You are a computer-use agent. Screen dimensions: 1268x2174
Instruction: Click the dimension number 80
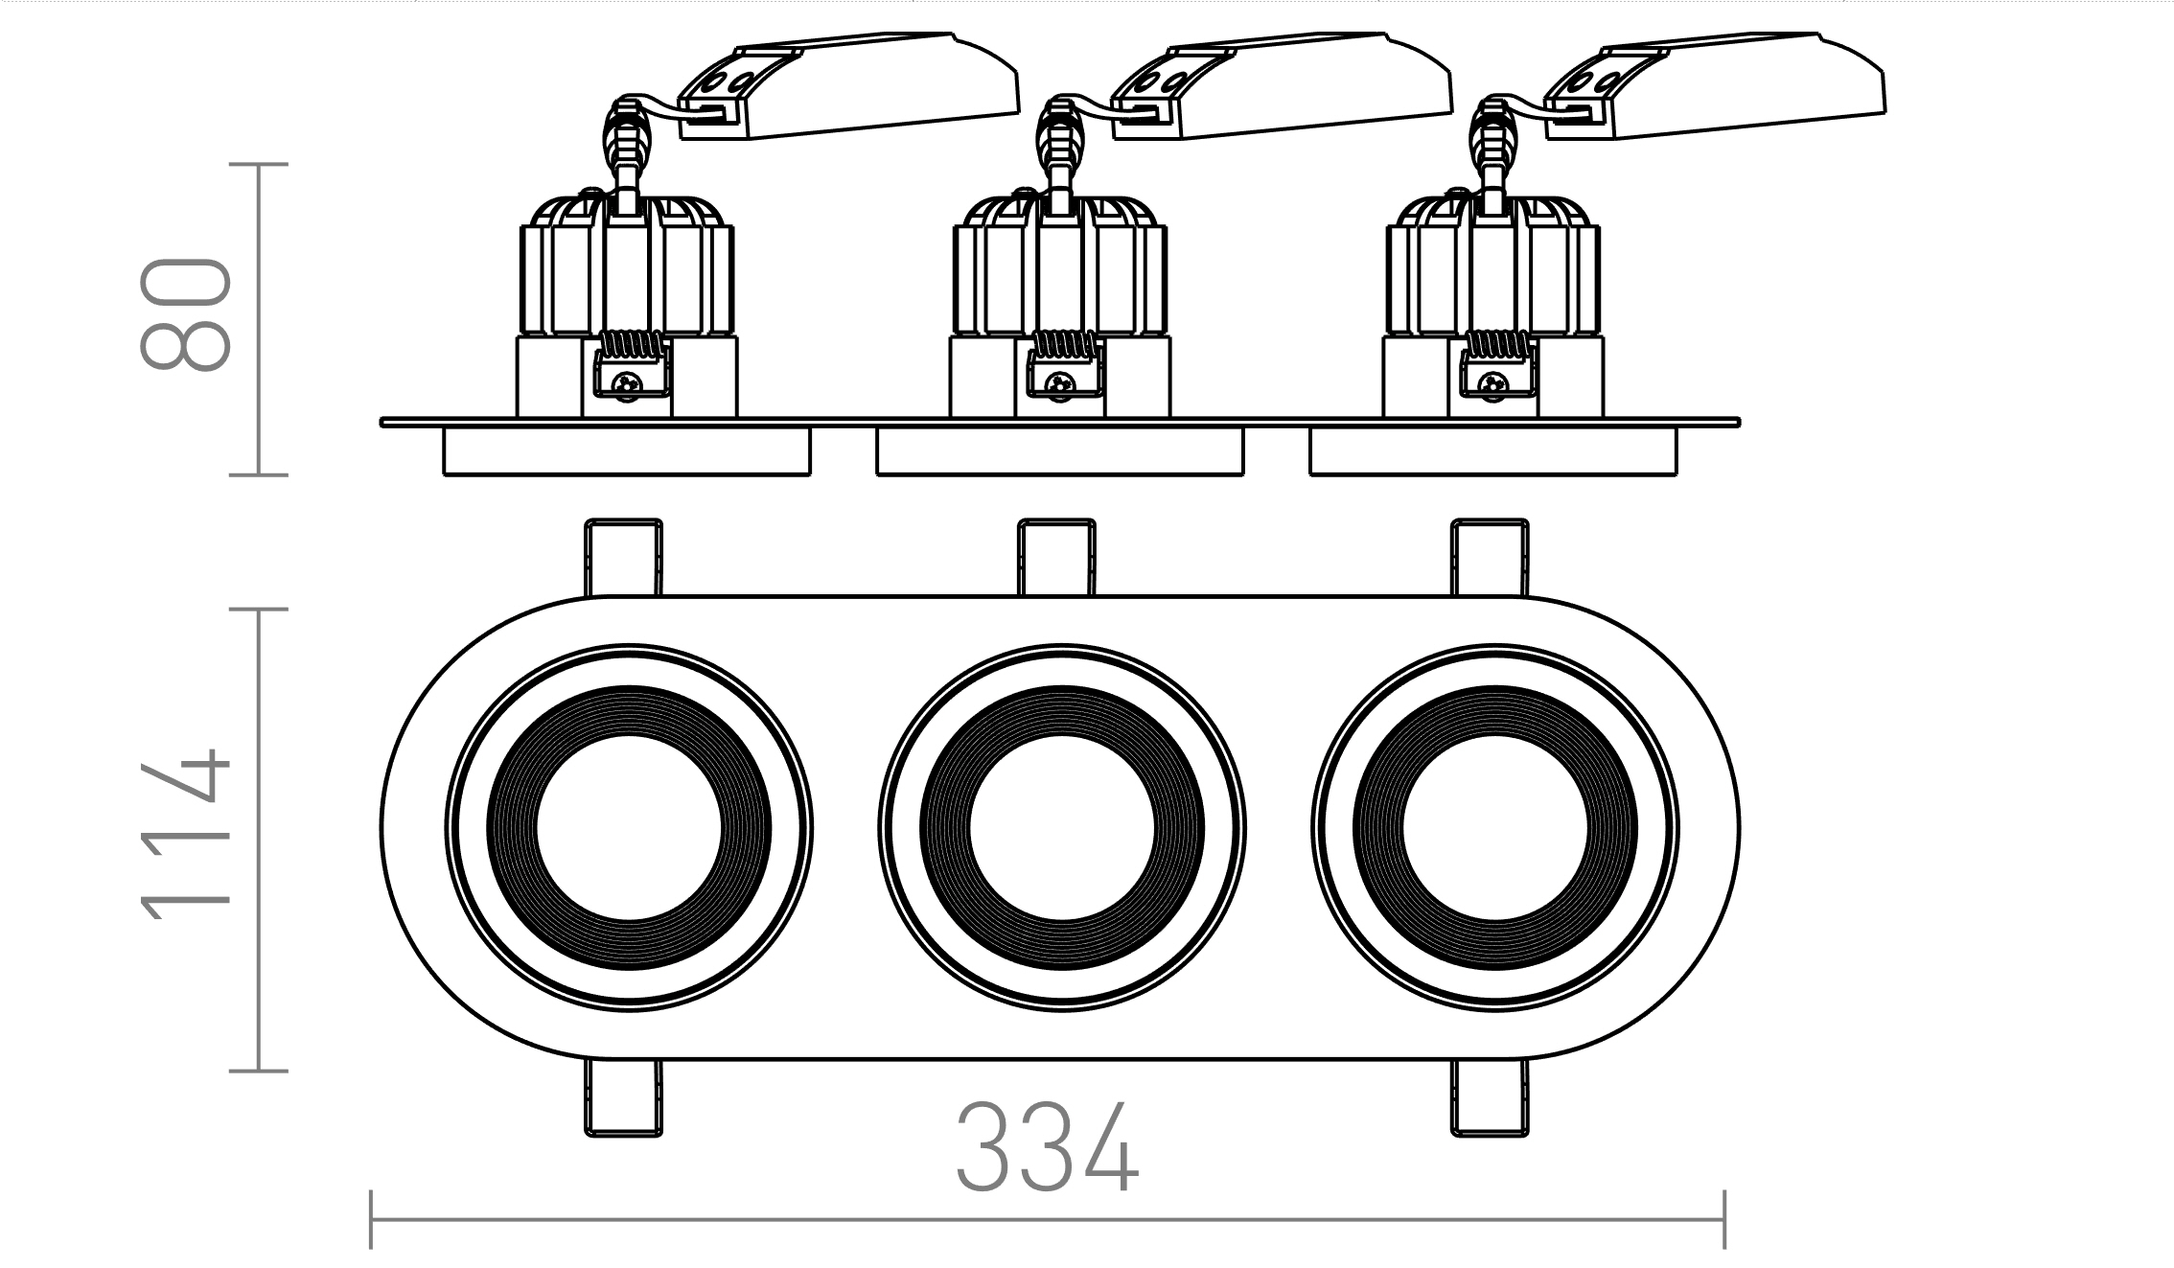[x=185, y=313]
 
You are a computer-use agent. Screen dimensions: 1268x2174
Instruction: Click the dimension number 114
[x=185, y=833]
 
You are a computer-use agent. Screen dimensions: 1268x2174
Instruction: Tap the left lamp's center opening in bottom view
[x=628, y=828]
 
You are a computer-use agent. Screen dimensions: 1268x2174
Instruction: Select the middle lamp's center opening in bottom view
[x=1061, y=828]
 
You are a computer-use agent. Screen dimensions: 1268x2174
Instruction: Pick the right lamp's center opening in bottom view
[x=1494, y=828]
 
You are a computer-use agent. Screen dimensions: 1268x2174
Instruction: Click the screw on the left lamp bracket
[x=629, y=383]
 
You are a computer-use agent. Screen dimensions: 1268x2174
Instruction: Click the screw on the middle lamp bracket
[x=1061, y=383]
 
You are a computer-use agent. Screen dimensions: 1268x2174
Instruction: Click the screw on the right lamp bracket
[x=1493, y=383]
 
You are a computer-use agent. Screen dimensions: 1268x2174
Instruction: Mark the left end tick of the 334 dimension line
[x=371, y=1220]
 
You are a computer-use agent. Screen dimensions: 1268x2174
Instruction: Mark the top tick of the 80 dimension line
[x=259, y=165]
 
